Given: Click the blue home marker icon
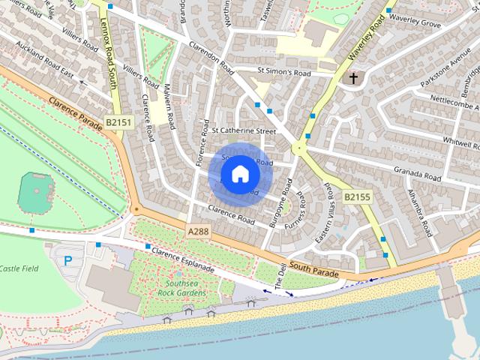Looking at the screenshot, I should point(239,174).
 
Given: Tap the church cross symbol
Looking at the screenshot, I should point(351,77).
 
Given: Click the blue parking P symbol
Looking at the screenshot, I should point(68,261).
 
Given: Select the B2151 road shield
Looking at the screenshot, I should point(118,122).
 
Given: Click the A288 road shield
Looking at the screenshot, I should point(199,232).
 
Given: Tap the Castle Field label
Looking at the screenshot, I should point(19,268).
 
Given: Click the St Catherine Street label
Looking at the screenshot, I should point(244,130).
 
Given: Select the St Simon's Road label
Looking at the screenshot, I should point(283,73).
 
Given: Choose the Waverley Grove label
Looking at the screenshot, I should point(415,24).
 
